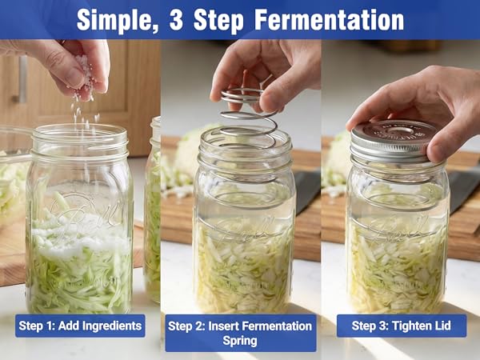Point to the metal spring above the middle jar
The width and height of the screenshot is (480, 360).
click(x=248, y=112)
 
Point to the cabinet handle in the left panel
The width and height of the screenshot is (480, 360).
click(x=22, y=80)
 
